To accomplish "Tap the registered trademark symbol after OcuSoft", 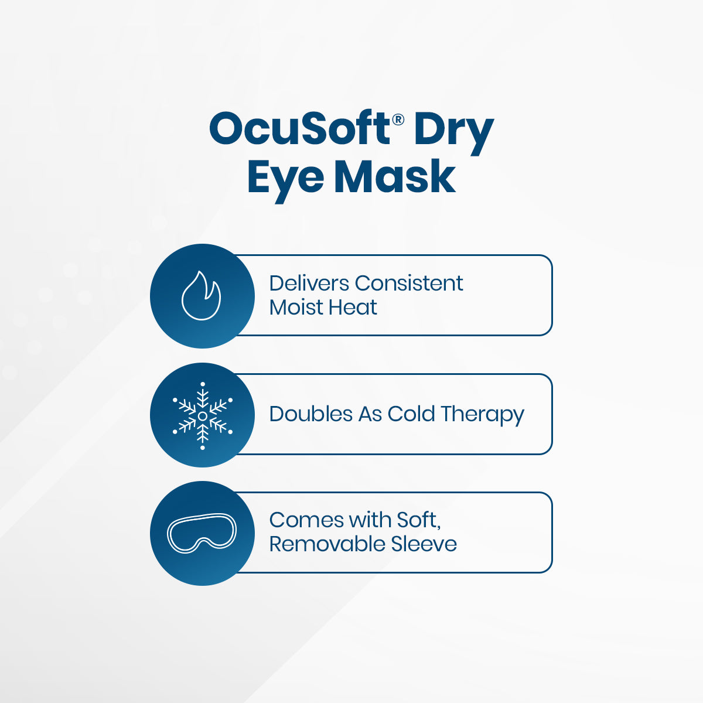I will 398,120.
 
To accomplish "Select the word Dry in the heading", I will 453,132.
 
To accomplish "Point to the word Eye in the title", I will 285,179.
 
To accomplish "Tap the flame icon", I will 202,295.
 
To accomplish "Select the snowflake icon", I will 202,415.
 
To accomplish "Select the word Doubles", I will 311,414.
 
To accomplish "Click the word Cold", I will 411,414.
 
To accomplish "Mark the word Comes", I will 306,520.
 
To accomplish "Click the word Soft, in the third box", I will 418,520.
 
